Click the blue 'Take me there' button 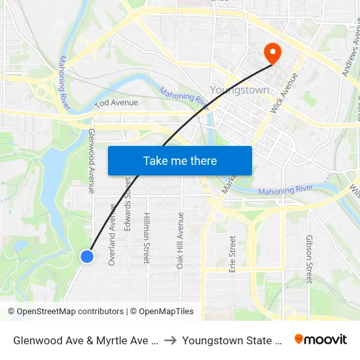point(180,160)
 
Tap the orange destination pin point(270,52)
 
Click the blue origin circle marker point(87,257)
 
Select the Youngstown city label point(240,90)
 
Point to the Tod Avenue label point(116,103)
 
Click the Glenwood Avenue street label point(92,160)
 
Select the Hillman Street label point(147,238)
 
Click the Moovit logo point(321,339)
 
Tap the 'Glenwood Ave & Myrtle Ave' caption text point(85,340)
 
